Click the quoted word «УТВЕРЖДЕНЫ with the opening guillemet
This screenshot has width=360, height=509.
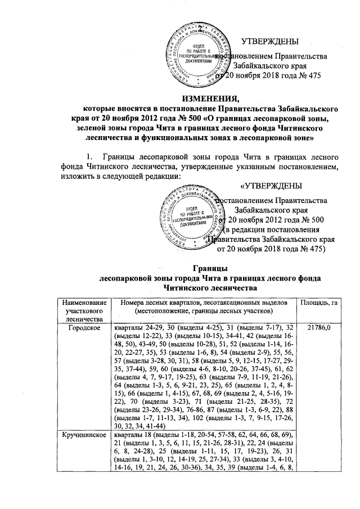pos(271,187)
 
